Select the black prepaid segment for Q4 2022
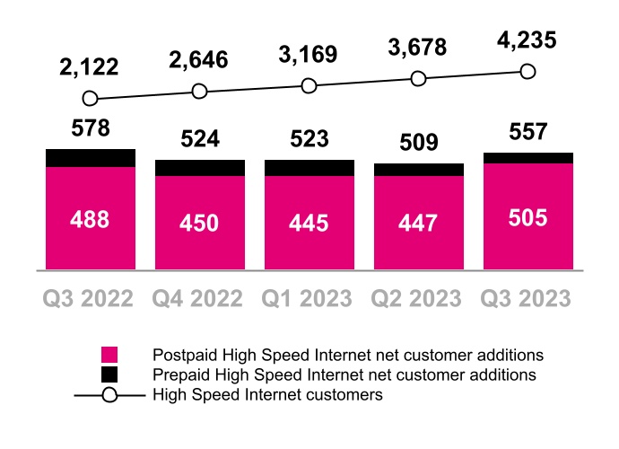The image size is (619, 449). tap(199, 168)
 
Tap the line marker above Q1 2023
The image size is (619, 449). tap(309, 85)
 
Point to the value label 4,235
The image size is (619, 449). tap(527, 40)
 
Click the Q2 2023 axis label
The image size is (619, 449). tap(418, 297)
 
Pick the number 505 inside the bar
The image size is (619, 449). tap(527, 218)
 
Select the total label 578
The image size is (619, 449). tap(91, 128)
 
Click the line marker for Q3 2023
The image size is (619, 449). tap(527, 72)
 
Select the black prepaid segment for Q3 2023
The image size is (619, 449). tap(527, 158)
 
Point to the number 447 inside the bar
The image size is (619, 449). tap(418, 222)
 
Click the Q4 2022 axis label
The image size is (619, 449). tap(199, 297)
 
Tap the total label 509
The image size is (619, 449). tap(418, 142)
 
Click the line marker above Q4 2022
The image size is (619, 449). tap(199, 92)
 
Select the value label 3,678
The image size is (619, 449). tap(418, 48)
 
